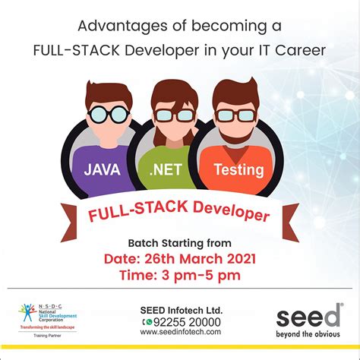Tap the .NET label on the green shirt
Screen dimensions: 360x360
click(165, 169)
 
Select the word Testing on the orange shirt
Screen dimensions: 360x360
click(239, 169)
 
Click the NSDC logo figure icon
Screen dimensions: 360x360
click(28, 311)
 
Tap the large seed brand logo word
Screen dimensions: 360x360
click(308, 317)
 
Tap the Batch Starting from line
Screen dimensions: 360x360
click(179, 242)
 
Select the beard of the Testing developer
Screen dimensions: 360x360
click(235, 129)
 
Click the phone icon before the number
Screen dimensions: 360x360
click(147, 322)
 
